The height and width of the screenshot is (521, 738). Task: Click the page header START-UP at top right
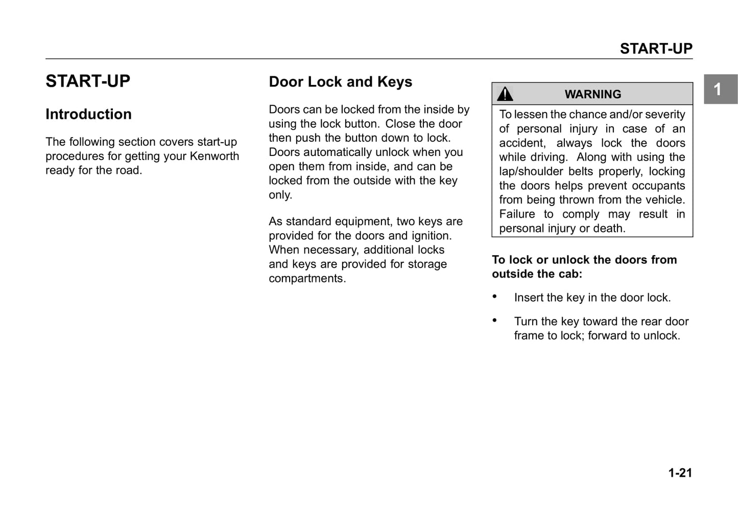656,49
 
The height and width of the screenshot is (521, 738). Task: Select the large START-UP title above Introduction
88,81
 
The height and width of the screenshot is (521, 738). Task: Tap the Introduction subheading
88,114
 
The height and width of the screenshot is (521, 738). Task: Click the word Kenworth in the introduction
215,156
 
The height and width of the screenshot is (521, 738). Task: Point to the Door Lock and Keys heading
340,82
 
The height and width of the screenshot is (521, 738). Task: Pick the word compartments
307,279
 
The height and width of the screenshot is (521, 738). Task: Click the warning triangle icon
505,94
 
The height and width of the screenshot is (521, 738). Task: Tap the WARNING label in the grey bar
592,95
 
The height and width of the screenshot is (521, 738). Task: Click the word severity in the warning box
665,115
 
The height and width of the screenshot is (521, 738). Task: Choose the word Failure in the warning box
517,214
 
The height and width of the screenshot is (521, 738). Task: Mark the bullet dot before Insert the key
494,297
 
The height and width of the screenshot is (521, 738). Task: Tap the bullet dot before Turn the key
494,321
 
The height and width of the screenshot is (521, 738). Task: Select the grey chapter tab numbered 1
720,89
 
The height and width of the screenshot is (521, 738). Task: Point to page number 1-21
680,473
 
